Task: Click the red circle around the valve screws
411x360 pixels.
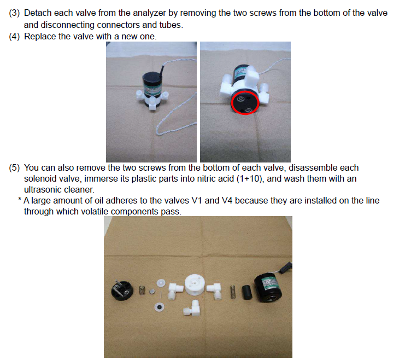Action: pyautogui.click(x=231, y=103)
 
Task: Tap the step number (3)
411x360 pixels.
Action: pyautogui.click(x=14, y=13)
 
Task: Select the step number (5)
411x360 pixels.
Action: pyautogui.click(x=14, y=167)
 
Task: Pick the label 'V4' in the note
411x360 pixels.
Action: pyautogui.click(x=227, y=200)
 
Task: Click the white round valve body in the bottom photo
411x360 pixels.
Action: pyautogui.click(x=195, y=284)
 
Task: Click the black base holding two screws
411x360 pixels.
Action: pyautogui.click(x=122, y=290)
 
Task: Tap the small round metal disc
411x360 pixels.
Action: pyautogui.click(x=152, y=291)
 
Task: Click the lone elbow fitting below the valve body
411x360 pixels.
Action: pyautogui.click(x=192, y=307)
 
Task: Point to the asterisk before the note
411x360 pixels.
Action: pyautogui.click(x=20, y=199)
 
